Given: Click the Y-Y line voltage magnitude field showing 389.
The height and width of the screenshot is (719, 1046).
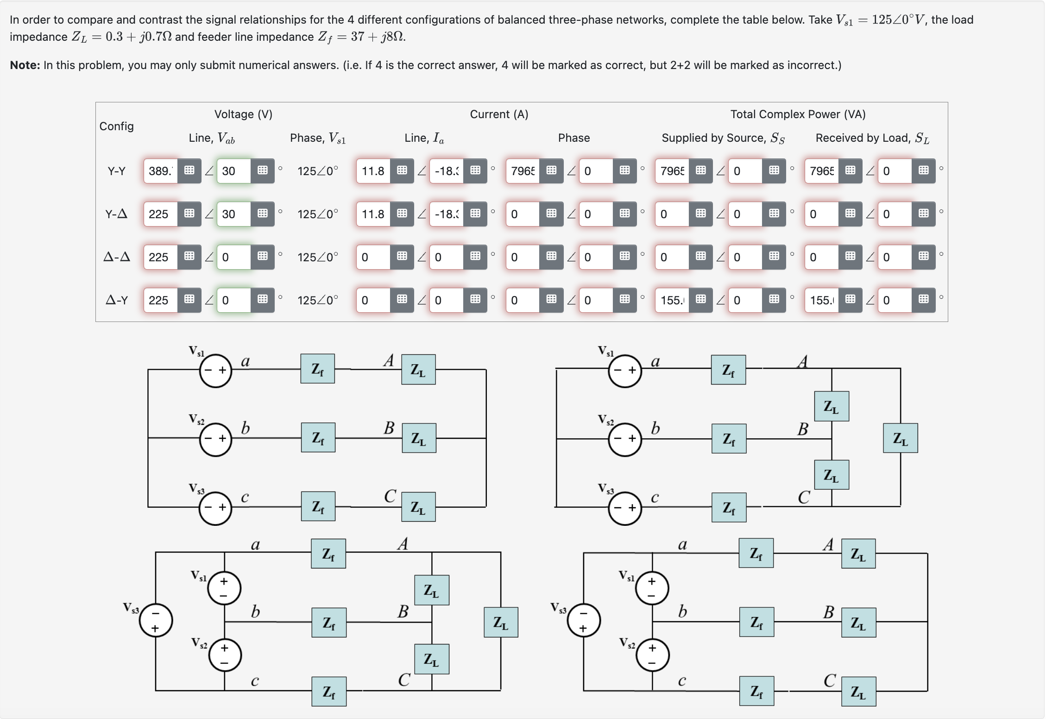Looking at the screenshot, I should [160, 171].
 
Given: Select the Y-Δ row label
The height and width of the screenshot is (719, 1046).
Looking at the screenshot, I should [116, 214].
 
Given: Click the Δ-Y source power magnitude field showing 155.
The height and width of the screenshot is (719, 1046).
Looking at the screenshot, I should [672, 300].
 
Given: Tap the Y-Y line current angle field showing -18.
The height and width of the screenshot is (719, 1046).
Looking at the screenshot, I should [447, 171].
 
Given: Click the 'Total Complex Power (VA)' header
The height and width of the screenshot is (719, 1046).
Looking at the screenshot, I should [798, 114].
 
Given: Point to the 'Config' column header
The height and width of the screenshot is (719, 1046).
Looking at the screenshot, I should [116, 126].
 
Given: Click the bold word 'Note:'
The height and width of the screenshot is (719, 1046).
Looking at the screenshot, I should [25, 65].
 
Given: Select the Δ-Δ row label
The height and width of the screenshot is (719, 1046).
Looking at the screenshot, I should [116, 257].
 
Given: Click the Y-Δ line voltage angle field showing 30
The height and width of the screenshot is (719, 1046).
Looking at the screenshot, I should [234, 214].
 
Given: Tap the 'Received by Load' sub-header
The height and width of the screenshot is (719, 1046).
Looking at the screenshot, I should [872, 138].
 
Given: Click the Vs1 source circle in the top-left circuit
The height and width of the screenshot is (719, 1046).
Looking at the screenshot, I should [215, 371].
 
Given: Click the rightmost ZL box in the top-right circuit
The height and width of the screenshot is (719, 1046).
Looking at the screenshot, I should [900, 438].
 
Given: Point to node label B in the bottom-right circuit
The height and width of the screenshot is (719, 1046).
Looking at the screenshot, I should [829, 612].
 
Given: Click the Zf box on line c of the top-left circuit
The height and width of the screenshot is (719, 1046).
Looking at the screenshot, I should [318, 507].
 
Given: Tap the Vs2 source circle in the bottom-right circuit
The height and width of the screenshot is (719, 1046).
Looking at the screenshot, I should [652, 655].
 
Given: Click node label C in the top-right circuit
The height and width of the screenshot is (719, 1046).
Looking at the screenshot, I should [804, 498].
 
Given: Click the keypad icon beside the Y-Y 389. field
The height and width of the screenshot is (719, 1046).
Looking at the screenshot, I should [189, 171].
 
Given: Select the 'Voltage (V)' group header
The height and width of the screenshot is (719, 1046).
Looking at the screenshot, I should [243, 114].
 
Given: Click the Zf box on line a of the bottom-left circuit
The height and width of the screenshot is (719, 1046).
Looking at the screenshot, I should [328, 554].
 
